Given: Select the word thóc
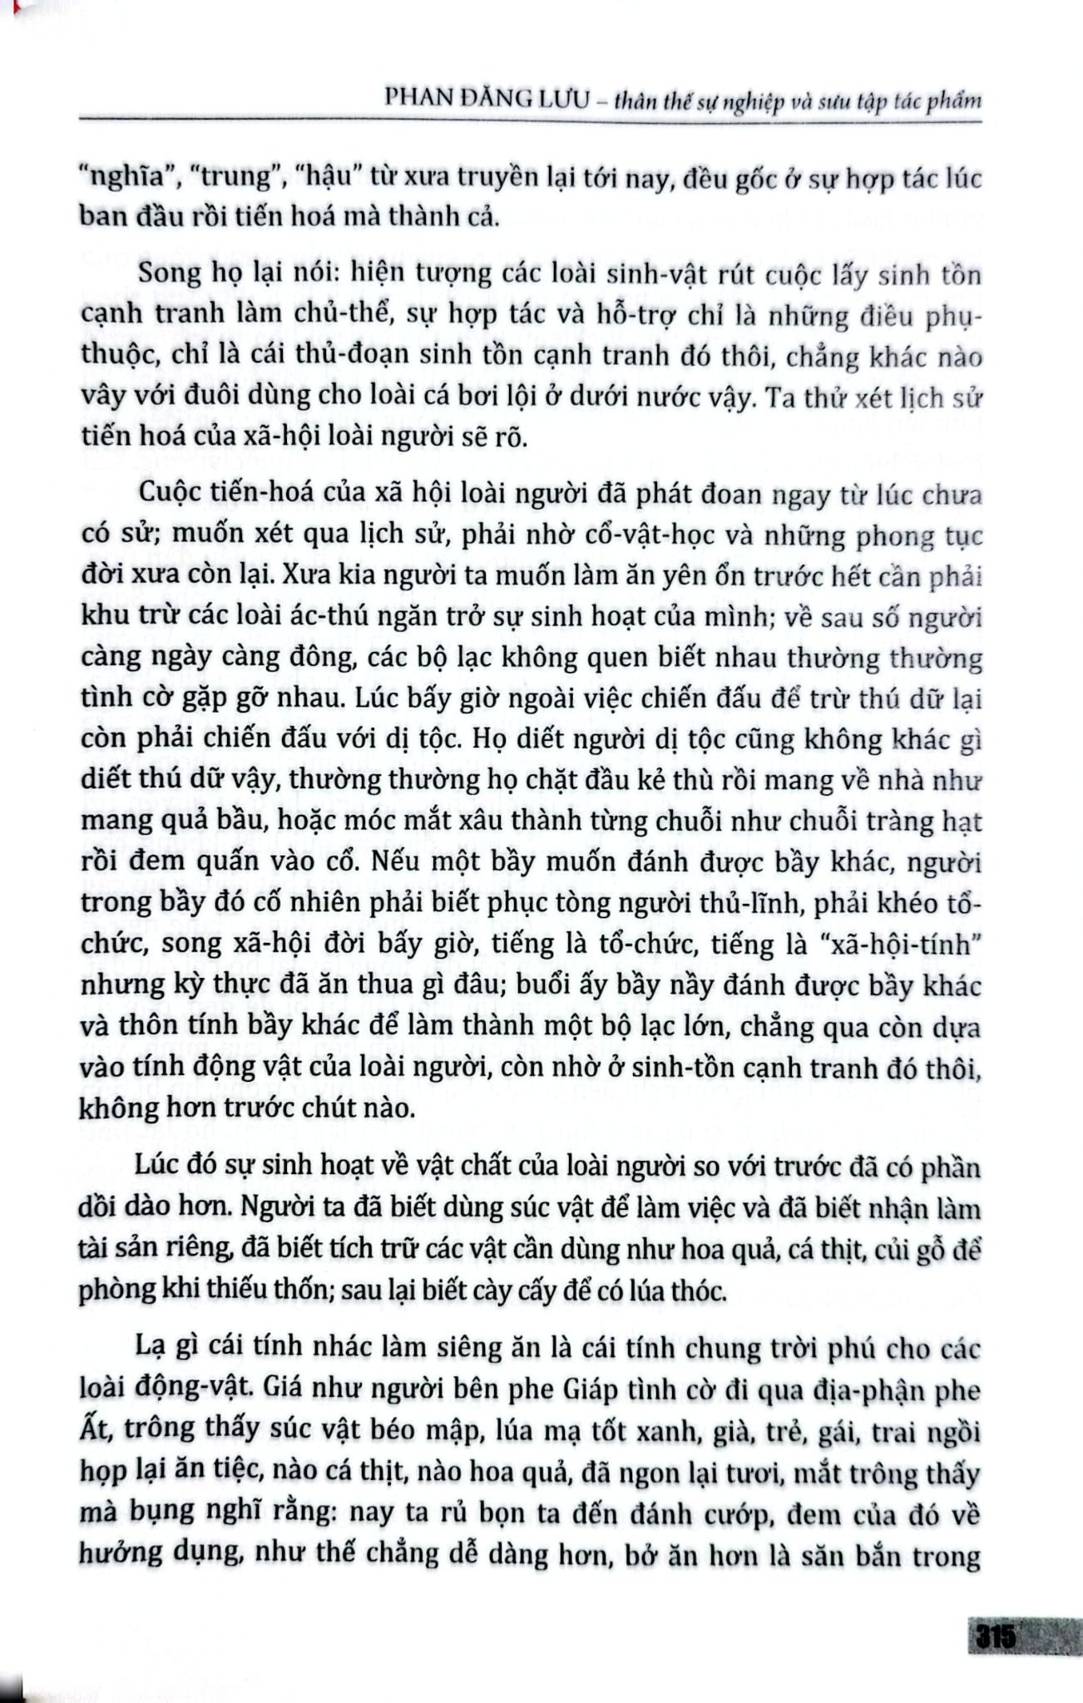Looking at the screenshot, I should (697, 1291).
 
